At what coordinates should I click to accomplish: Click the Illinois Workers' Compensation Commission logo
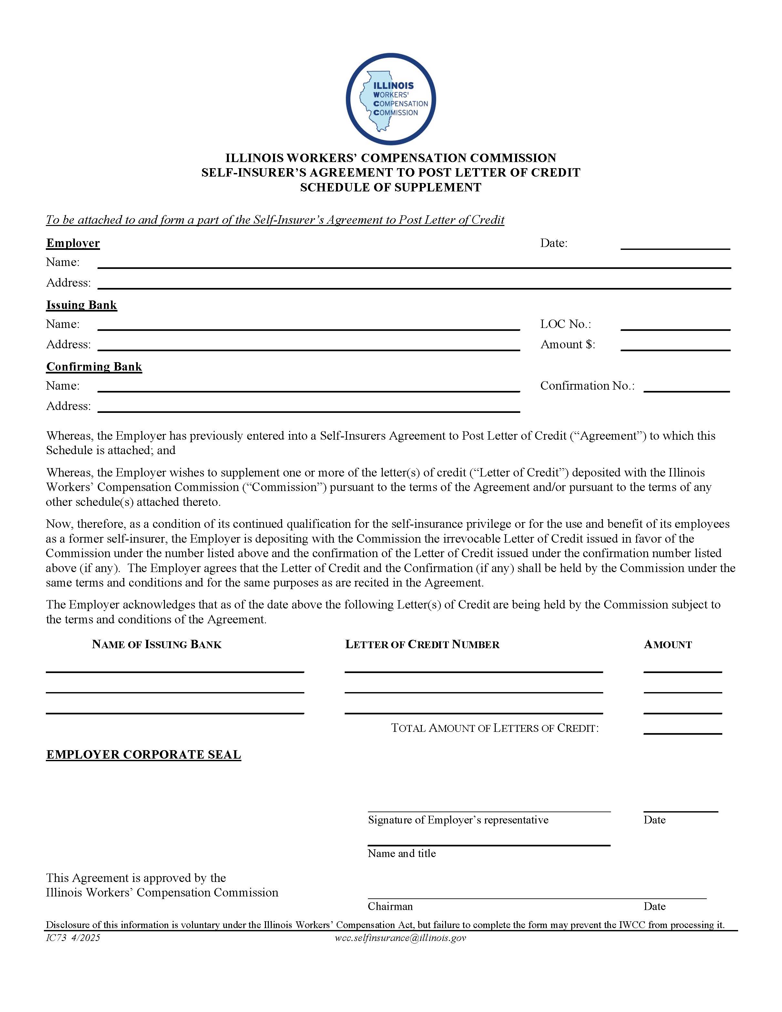coord(391,99)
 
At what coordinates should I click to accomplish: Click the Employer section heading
coord(73,243)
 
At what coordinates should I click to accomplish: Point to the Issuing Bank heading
coord(82,305)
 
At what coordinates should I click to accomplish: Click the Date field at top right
coord(675,244)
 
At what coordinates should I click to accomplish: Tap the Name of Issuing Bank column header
coord(157,645)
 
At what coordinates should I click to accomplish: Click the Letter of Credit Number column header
coord(422,645)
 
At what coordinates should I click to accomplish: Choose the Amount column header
coord(667,645)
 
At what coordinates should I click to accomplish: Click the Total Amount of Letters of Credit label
coord(495,728)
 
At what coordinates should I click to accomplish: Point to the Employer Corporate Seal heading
coord(144,755)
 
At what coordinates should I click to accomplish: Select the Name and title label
coord(402,853)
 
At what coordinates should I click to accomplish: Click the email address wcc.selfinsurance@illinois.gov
coord(400,938)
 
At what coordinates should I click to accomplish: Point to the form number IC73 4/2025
coord(73,938)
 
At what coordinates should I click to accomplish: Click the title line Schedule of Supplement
coord(391,187)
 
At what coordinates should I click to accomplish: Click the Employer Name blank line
coord(414,263)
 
